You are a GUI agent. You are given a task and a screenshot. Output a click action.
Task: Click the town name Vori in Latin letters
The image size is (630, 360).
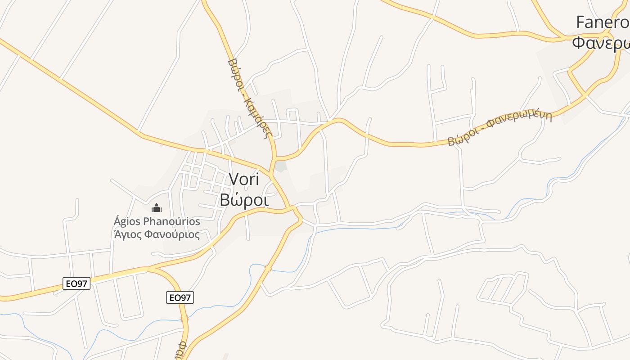coord(244,179)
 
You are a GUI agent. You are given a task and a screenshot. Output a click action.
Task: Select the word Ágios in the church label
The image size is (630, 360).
coord(127,221)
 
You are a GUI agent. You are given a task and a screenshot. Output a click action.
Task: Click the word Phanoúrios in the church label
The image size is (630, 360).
coord(171,221)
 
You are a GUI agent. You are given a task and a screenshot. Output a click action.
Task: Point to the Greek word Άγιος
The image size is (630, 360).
coord(128,234)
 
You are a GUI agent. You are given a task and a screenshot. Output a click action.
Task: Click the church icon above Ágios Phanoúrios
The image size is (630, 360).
coord(157,208)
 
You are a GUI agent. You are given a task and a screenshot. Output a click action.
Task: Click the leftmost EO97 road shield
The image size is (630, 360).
coord(76,283)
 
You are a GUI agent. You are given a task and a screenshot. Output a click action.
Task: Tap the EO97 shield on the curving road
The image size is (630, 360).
coord(180,297)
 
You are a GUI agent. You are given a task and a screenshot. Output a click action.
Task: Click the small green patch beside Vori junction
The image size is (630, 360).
coord(281,167)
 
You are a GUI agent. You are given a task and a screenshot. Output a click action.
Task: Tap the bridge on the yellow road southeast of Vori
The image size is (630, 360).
coord(268,269)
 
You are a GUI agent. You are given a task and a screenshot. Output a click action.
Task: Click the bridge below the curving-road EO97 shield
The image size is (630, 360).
coord(184,319)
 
